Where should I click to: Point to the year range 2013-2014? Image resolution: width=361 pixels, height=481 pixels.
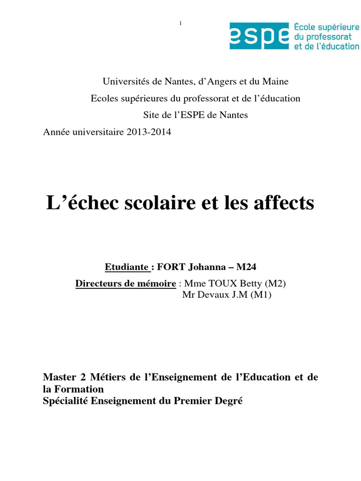click(x=149, y=132)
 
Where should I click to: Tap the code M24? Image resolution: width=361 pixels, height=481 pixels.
click(x=247, y=267)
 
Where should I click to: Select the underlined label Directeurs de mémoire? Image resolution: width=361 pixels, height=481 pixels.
click(x=126, y=284)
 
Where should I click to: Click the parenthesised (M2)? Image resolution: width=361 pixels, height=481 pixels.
click(x=275, y=284)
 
